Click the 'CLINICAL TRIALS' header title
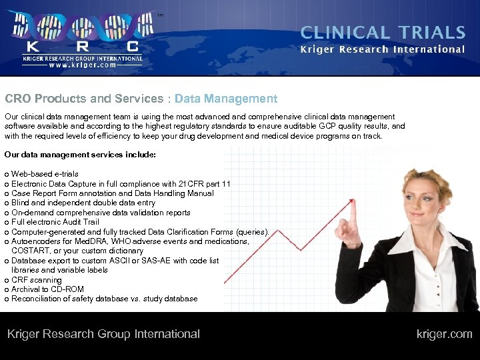[x=383, y=33]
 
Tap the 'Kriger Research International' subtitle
[x=383, y=49]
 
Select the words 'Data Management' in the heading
[x=226, y=99]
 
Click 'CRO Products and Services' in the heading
[x=84, y=99]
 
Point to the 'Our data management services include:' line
[x=80, y=155]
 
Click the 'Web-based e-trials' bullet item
[x=45, y=174]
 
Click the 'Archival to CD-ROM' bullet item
[x=47, y=289]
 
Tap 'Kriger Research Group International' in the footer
[x=103, y=334]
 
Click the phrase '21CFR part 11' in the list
[x=205, y=184]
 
